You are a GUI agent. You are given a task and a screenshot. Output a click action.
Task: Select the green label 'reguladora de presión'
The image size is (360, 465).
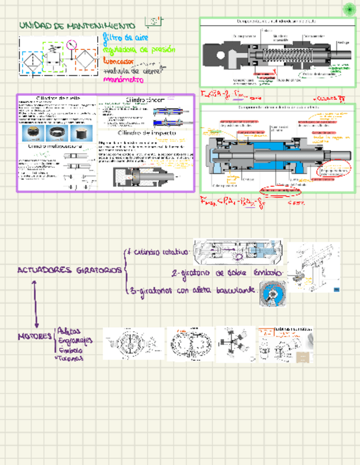[x=139, y=50]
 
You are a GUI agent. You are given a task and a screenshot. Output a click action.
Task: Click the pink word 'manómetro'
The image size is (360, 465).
[x=123, y=80]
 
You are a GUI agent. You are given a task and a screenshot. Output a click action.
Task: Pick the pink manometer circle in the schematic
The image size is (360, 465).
[x=71, y=44]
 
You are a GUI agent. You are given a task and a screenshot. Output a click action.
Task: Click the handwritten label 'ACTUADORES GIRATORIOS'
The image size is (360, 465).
[x=70, y=270]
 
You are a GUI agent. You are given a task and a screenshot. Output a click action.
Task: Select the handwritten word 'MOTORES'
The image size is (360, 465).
[x=35, y=336]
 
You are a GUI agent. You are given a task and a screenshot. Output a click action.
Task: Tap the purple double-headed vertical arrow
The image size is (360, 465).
[x=36, y=304]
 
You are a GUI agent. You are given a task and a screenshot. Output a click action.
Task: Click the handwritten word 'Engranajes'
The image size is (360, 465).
[x=76, y=341]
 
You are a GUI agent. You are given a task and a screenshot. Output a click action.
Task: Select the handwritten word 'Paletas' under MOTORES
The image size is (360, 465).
[x=69, y=332]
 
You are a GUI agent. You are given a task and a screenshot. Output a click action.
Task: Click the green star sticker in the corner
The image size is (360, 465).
[x=349, y=9]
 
